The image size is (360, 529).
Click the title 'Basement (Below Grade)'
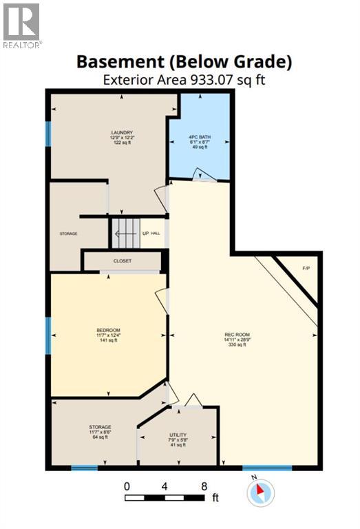[184, 61]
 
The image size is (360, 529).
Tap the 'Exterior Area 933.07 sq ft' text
[184, 79]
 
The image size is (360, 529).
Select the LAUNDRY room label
[122, 132]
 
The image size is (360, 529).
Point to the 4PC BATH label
[200, 137]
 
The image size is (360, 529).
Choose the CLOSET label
[123, 261]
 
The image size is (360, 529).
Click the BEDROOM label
[108, 331]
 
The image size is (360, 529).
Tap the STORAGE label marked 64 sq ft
[100, 427]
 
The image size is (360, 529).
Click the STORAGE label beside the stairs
[68, 234]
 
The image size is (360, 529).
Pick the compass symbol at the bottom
[261, 492]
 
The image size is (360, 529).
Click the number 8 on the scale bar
[204, 486]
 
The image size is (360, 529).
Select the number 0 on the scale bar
[127, 486]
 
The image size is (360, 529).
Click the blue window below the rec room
[267, 468]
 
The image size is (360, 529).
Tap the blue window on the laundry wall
[48, 134]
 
